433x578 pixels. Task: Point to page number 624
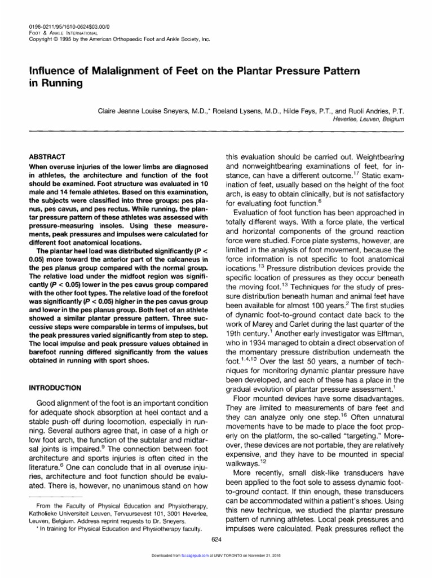(216, 540)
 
